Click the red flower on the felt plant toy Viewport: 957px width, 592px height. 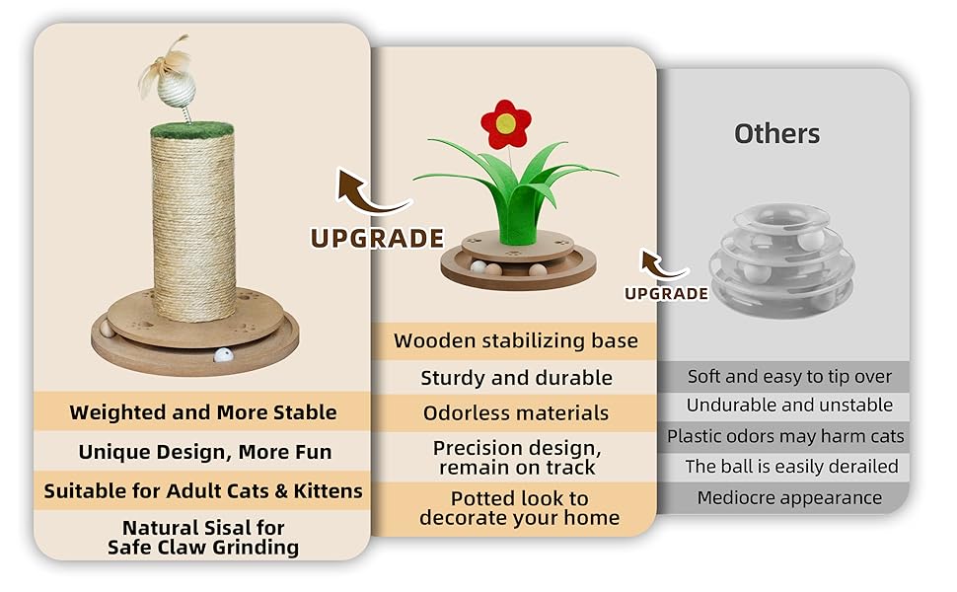pyautogui.click(x=505, y=124)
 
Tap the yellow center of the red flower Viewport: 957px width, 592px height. pyautogui.click(x=505, y=124)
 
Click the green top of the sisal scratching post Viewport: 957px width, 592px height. pyautogui.click(x=192, y=130)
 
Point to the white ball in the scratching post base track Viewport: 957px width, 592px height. pyautogui.click(x=223, y=355)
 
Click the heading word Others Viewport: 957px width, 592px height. pyautogui.click(x=777, y=133)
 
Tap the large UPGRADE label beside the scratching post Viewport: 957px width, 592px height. pyautogui.click(x=377, y=238)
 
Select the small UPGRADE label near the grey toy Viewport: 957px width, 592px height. pyautogui.click(x=667, y=294)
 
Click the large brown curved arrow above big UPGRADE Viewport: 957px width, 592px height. pyautogui.click(x=367, y=196)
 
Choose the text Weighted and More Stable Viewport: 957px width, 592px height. pyautogui.click(x=203, y=412)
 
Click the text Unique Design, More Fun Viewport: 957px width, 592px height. pyautogui.click(x=205, y=452)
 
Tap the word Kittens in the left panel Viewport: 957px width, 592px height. pyautogui.click(x=329, y=490)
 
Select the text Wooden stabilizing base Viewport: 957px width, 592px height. pyautogui.click(x=516, y=341)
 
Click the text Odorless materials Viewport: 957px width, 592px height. pyautogui.click(x=516, y=413)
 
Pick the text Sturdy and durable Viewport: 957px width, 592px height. pyautogui.click(x=516, y=378)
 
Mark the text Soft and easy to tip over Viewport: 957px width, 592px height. pyautogui.click(x=789, y=377)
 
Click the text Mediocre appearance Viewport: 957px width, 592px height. pyautogui.click(x=789, y=498)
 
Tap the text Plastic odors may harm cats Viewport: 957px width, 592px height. pyautogui.click(x=785, y=436)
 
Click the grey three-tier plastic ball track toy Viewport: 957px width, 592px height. pyautogui.click(x=781, y=260)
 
